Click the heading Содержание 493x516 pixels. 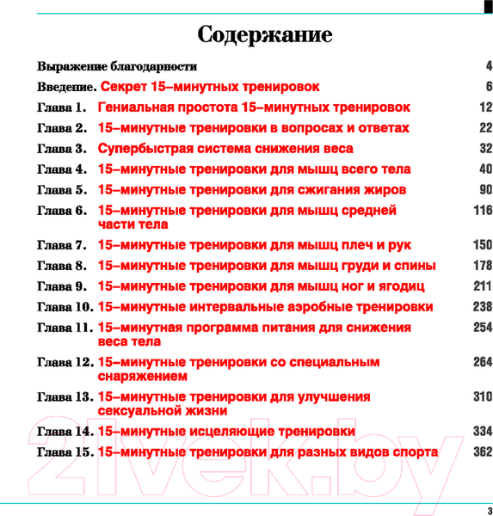265,35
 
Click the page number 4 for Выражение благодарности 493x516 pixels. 488,66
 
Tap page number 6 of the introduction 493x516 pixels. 488,87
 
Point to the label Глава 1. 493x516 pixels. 63,107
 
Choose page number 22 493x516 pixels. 485,128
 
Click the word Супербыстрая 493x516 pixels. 149,149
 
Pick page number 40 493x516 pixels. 485,169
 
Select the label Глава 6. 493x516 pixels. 63,211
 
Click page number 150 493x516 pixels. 482,245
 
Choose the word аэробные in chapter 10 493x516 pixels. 307,307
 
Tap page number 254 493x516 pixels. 482,328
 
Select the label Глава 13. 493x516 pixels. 65,397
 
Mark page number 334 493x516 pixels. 482,431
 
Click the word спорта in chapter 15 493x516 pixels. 412,451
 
